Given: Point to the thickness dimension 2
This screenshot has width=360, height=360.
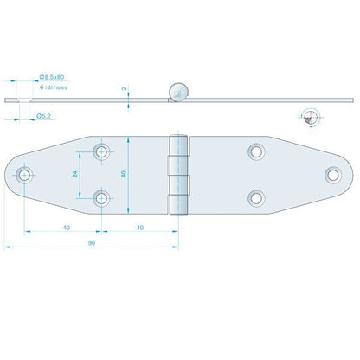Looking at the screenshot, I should pyautogui.click(x=125, y=88).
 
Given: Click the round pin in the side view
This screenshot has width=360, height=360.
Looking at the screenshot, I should pyautogui.click(x=179, y=90).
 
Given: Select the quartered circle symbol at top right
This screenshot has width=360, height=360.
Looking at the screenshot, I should pyautogui.click(x=312, y=118).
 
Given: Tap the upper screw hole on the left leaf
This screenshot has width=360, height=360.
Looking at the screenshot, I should pyautogui.click(x=104, y=152).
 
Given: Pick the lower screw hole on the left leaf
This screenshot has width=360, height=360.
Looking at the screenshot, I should pyautogui.click(x=104, y=199).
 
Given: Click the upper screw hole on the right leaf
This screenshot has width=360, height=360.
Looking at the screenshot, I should pyautogui.click(x=255, y=152).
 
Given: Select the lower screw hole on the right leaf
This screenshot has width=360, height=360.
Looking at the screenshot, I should pyautogui.click(x=255, y=198).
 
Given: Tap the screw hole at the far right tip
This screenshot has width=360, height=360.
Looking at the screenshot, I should pyautogui.click(x=333, y=176).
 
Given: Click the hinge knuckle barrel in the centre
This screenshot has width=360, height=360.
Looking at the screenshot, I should pyautogui.click(x=179, y=175).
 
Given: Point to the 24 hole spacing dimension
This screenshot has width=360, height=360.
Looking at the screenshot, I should pyautogui.click(x=75, y=174).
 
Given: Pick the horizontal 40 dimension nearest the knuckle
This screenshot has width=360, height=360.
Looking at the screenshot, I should pyautogui.click(x=140, y=227).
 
